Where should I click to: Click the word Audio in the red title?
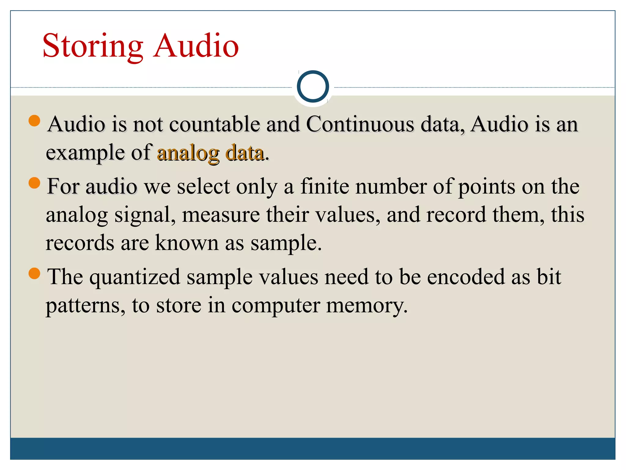[196, 46]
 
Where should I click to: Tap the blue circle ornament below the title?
[313, 86]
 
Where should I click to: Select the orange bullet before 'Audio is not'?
[34, 121]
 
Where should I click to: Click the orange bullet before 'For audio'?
[34, 183]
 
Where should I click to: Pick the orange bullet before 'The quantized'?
[34, 273]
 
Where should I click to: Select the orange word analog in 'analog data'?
[188, 153]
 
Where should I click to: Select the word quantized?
[134, 277]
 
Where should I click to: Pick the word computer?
[275, 305]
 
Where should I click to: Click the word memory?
[367, 305]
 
